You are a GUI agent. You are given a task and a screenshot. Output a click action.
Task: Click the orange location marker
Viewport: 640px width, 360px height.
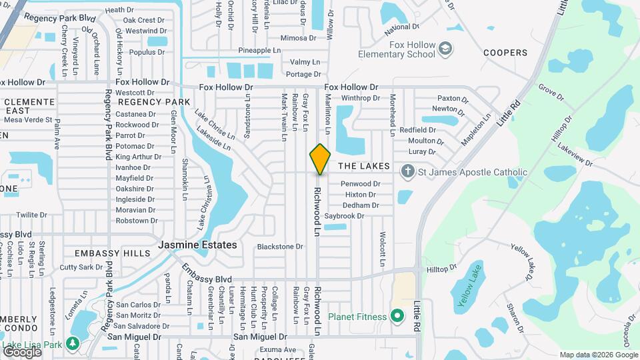320,159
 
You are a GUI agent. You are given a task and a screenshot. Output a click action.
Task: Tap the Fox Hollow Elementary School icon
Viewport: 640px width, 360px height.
445,48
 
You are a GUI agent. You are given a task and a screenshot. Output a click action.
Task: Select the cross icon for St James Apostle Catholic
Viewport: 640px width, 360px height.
407,172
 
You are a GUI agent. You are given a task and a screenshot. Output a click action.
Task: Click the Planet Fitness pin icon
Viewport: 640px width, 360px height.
398,315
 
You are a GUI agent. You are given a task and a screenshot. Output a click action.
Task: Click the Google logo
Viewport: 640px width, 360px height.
22,351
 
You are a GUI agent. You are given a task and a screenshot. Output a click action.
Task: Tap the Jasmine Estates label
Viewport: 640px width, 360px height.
197,245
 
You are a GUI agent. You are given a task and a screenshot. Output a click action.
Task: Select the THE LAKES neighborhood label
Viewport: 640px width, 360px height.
363,165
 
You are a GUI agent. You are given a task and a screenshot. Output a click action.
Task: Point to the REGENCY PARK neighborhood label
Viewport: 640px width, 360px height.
154,102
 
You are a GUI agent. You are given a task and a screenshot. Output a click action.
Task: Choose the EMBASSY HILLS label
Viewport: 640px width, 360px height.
108,253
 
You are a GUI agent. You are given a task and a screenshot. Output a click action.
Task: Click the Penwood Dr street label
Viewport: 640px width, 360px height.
360,183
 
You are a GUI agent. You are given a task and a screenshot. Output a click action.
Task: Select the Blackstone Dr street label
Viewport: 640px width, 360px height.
280,247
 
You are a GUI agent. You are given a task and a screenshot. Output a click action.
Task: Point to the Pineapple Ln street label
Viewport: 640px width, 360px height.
259,50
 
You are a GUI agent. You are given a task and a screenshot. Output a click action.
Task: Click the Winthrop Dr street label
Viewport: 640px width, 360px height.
360,98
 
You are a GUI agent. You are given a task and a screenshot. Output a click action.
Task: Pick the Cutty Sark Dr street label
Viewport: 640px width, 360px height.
81,267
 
